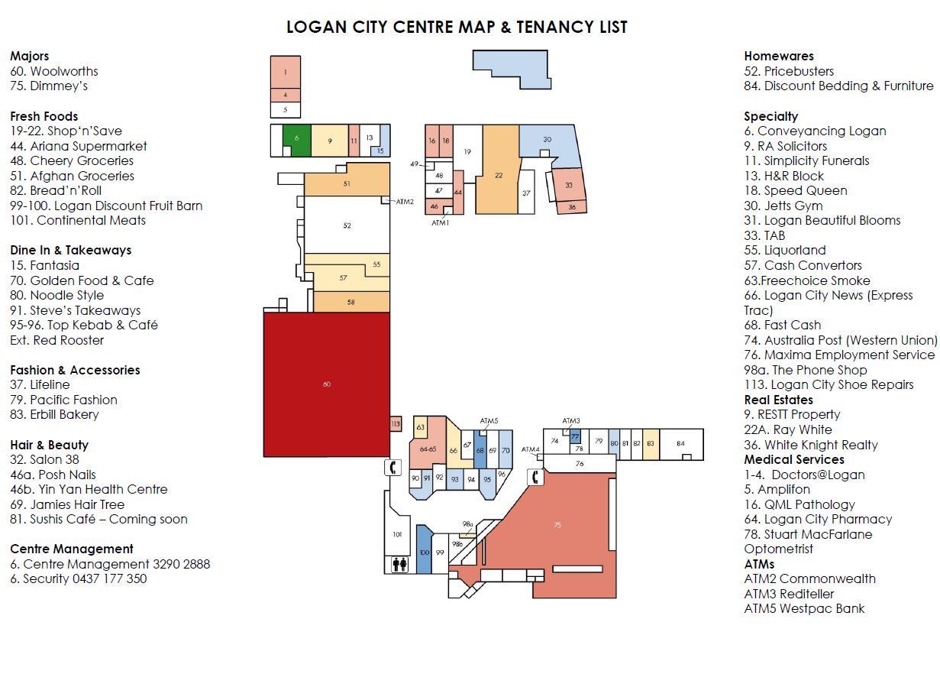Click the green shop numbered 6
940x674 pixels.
297,138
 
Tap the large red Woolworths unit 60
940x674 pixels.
327,384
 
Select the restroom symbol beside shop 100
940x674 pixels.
400,565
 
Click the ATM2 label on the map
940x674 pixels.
405,202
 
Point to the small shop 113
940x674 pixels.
396,423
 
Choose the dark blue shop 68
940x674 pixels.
480,449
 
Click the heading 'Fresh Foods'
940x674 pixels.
44,116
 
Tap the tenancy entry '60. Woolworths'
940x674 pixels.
54,71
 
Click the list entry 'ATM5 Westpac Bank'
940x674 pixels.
804,608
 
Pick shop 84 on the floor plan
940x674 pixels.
681,444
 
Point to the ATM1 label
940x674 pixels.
440,223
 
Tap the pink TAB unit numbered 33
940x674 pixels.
568,185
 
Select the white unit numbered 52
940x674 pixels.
347,225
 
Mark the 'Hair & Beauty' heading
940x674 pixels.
49,445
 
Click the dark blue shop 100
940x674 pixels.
424,549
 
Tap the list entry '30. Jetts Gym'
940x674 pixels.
783,206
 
